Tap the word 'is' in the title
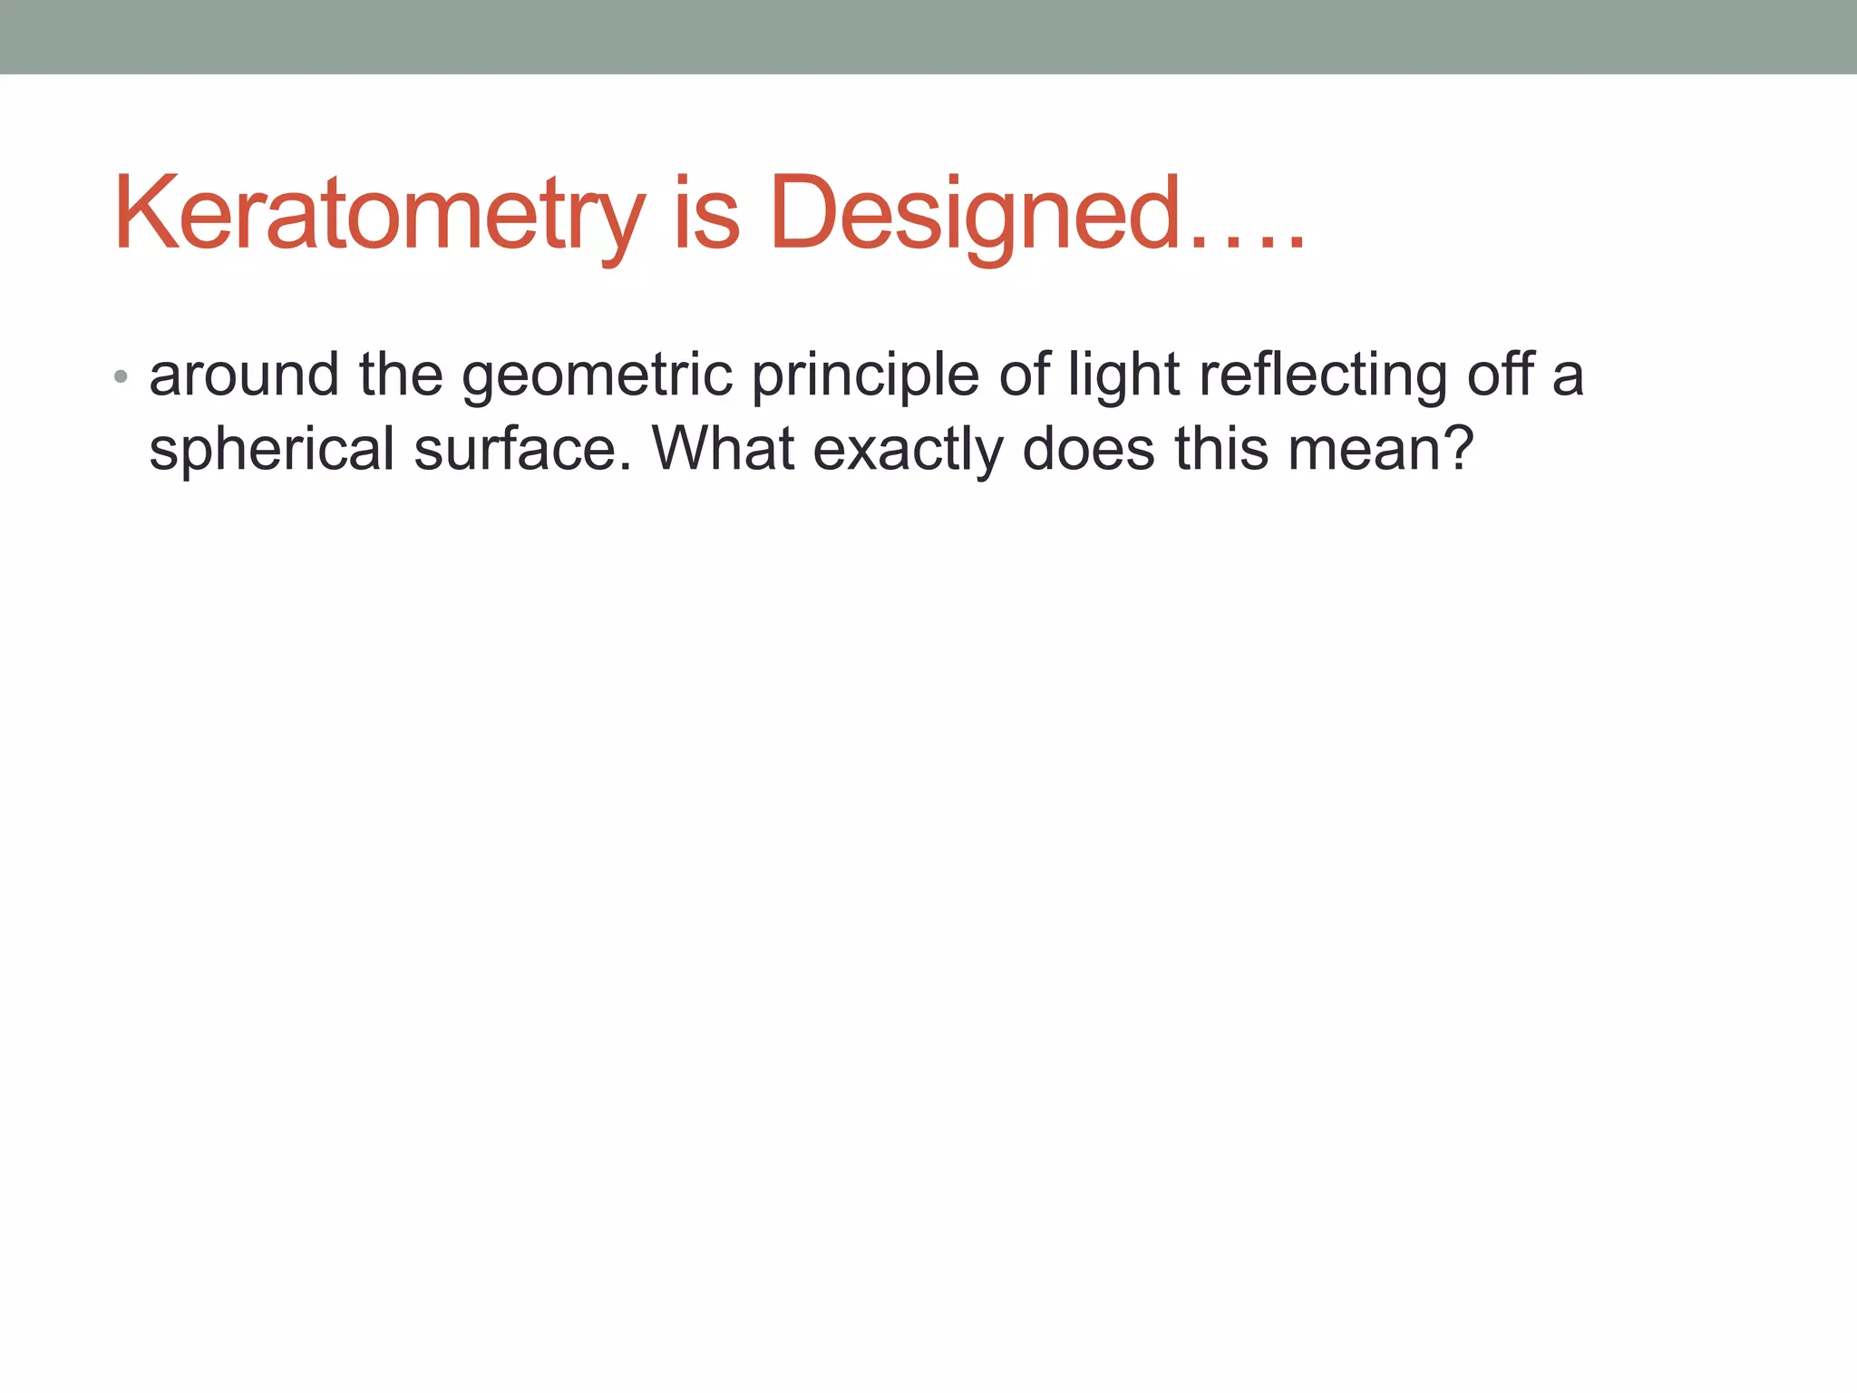tap(706, 215)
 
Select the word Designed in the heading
tap(976, 215)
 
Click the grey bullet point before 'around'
tap(121, 375)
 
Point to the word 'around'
tap(244, 375)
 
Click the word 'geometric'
tap(597, 375)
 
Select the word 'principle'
tap(865, 375)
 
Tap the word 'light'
tap(1123, 375)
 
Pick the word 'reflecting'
tap(1322, 375)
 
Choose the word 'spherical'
tap(271, 450)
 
